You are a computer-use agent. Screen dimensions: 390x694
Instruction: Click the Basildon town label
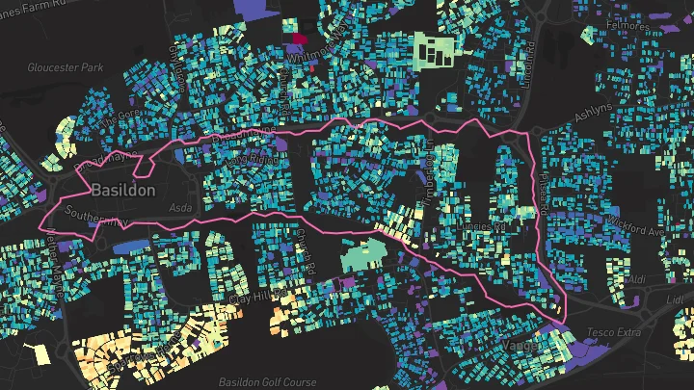[122, 191]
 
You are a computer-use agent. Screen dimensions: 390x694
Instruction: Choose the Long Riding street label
[253, 155]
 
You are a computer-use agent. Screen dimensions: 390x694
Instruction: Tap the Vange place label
[520, 345]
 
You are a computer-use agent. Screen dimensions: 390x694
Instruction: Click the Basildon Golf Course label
[267, 382]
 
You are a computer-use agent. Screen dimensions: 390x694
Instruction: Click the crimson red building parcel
[299, 39]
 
